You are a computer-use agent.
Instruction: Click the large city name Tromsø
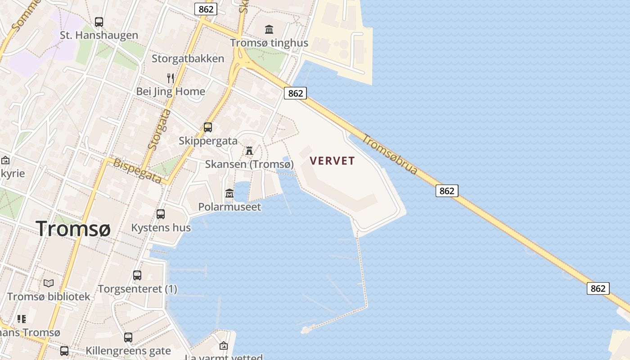[x=73, y=229]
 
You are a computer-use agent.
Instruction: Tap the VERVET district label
[x=332, y=161]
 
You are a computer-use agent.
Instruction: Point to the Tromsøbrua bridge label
[x=390, y=155]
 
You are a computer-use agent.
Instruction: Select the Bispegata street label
[x=137, y=171]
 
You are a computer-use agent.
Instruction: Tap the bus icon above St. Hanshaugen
[x=99, y=22]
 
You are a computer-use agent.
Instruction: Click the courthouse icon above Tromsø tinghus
[x=269, y=30]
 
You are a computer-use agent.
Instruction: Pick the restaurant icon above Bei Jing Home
[x=171, y=78]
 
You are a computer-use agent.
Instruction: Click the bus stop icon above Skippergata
[x=207, y=127]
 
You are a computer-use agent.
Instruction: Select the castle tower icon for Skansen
[x=249, y=151]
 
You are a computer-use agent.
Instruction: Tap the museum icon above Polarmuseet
[x=229, y=193]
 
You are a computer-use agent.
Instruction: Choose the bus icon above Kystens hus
[x=161, y=214]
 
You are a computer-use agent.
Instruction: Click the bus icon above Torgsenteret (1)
[x=137, y=275]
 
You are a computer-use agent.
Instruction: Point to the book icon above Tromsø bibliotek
[x=49, y=283]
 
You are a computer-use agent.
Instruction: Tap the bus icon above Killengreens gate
[x=128, y=337]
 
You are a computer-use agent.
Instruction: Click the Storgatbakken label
[x=188, y=58]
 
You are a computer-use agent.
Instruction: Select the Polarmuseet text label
[x=229, y=207]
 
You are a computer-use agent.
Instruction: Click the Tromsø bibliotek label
[x=49, y=297]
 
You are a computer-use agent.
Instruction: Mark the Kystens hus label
[x=161, y=228]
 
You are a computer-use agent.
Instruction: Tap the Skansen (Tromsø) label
[x=249, y=164]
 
